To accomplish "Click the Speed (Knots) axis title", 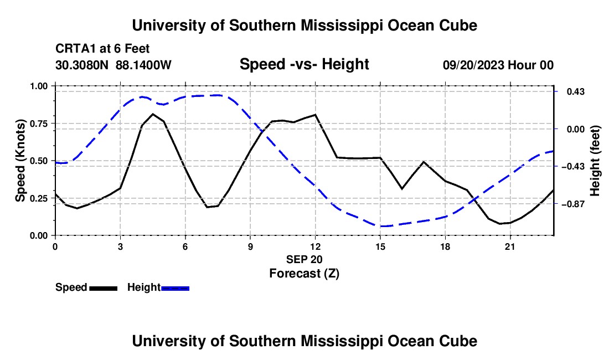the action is coord(20,161).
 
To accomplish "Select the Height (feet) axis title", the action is coord(595,161).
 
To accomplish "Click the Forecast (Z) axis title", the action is coord(304,274).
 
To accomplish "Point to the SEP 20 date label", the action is coord(304,259).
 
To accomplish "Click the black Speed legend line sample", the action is coord(104,288).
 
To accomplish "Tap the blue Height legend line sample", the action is coord(175,288).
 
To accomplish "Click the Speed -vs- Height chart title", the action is coord(304,64).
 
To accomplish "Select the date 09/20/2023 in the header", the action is coord(474,65).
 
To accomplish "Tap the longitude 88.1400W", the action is coord(143,65).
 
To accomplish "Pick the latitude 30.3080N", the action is coord(81,65).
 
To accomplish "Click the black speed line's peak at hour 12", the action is coord(316,115).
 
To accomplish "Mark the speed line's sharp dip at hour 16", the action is coord(402,189).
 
